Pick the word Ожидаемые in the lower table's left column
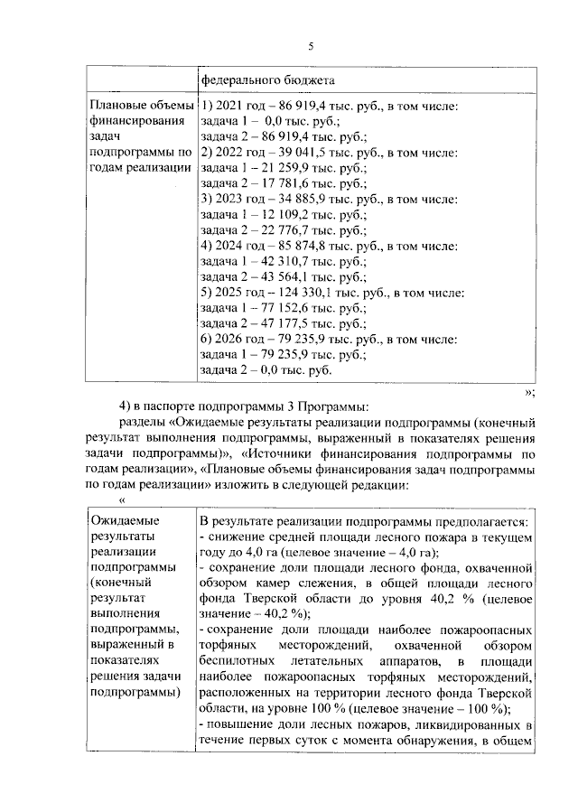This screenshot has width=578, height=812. point(123,521)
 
